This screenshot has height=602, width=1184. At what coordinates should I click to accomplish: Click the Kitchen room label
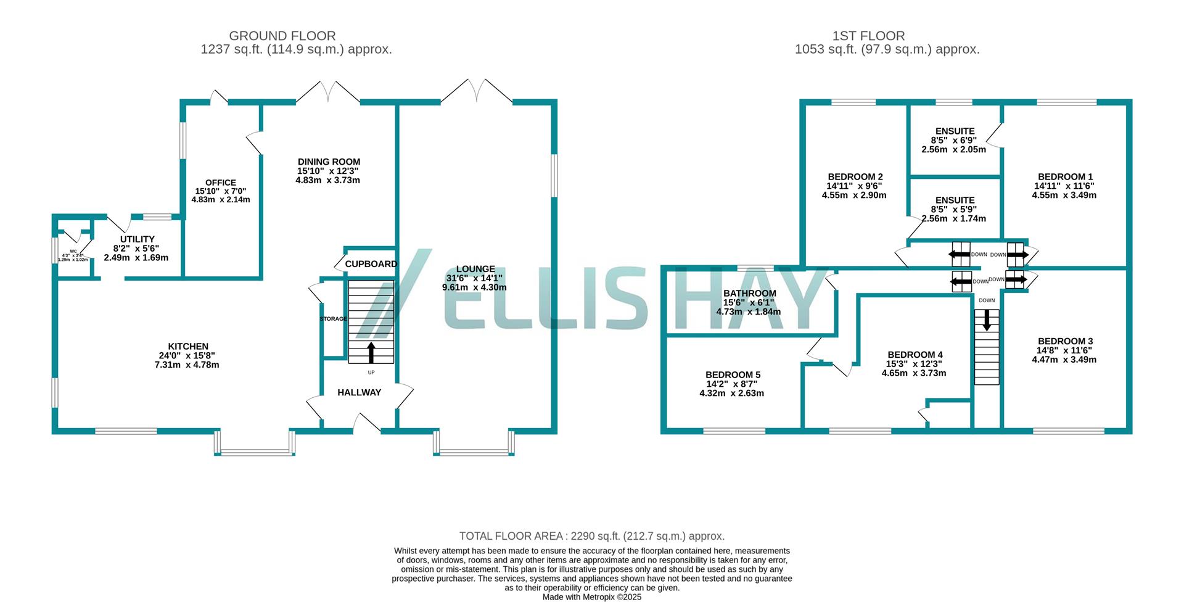[x=188, y=347]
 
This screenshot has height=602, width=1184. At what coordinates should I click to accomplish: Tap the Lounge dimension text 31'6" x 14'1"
[x=475, y=278]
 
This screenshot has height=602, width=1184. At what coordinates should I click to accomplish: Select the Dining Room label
[x=329, y=162]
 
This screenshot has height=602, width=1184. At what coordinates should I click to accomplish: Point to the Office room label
[x=221, y=183]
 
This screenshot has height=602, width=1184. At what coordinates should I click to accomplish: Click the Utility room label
[x=137, y=239]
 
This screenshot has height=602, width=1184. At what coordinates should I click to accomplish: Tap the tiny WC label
[x=73, y=252]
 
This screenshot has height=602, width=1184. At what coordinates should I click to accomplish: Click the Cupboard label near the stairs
[x=371, y=264]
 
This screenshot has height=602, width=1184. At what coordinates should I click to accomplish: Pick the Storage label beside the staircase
[x=333, y=319]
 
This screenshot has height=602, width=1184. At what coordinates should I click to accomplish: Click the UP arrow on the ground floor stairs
[x=371, y=352]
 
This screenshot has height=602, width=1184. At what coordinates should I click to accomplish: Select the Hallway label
[x=359, y=392]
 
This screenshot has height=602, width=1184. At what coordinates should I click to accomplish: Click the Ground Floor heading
[x=282, y=36]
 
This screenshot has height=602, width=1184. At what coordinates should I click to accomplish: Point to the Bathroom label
[x=749, y=294]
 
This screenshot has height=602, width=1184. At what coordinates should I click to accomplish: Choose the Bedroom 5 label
[x=733, y=375]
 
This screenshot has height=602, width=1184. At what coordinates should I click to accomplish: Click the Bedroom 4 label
[x=915, y=355]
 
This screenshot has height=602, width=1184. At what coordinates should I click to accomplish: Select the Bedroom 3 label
[x=1065, y=341]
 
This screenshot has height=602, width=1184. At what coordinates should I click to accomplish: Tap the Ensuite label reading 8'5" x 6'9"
[x=955, y=131]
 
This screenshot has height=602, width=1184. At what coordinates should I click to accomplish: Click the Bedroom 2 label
[x=855, y=176]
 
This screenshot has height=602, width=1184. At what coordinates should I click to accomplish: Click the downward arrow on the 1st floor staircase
[x=987, y=320]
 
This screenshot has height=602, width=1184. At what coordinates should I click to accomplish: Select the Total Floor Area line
[x=591, y=536]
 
